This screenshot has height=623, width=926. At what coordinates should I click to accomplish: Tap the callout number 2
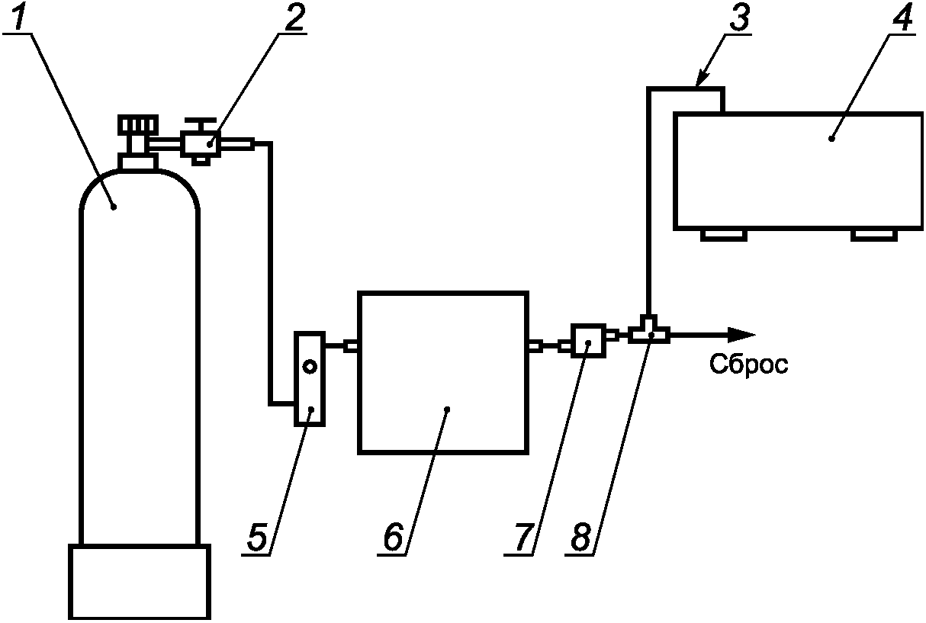[x=294, y=16]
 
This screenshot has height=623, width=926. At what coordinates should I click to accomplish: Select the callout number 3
[x=740, y=16]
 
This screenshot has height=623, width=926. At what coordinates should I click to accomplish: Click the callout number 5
[x=257, y=537]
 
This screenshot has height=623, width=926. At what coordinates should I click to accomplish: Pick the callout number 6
[x=393, y=537]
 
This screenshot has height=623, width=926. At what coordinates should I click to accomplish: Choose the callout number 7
[x=522, y=537]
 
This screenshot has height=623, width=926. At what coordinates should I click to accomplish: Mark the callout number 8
[x=580, y=537]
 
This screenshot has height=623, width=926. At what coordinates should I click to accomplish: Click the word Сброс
[x=748, y=364]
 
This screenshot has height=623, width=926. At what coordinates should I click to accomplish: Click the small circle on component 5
[x=310, y=366]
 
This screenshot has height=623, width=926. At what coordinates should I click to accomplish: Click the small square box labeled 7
[x=589, y=341]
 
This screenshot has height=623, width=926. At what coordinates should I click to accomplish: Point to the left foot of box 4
[x=724, y=235]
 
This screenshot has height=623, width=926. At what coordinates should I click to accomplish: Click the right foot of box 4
[x=874, y=235]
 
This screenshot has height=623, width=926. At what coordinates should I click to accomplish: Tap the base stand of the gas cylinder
[x=140, y=582]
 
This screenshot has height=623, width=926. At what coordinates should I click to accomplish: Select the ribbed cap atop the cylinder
[x=138, y=125]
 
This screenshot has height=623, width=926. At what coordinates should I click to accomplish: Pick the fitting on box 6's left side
[x=351, y=346]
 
